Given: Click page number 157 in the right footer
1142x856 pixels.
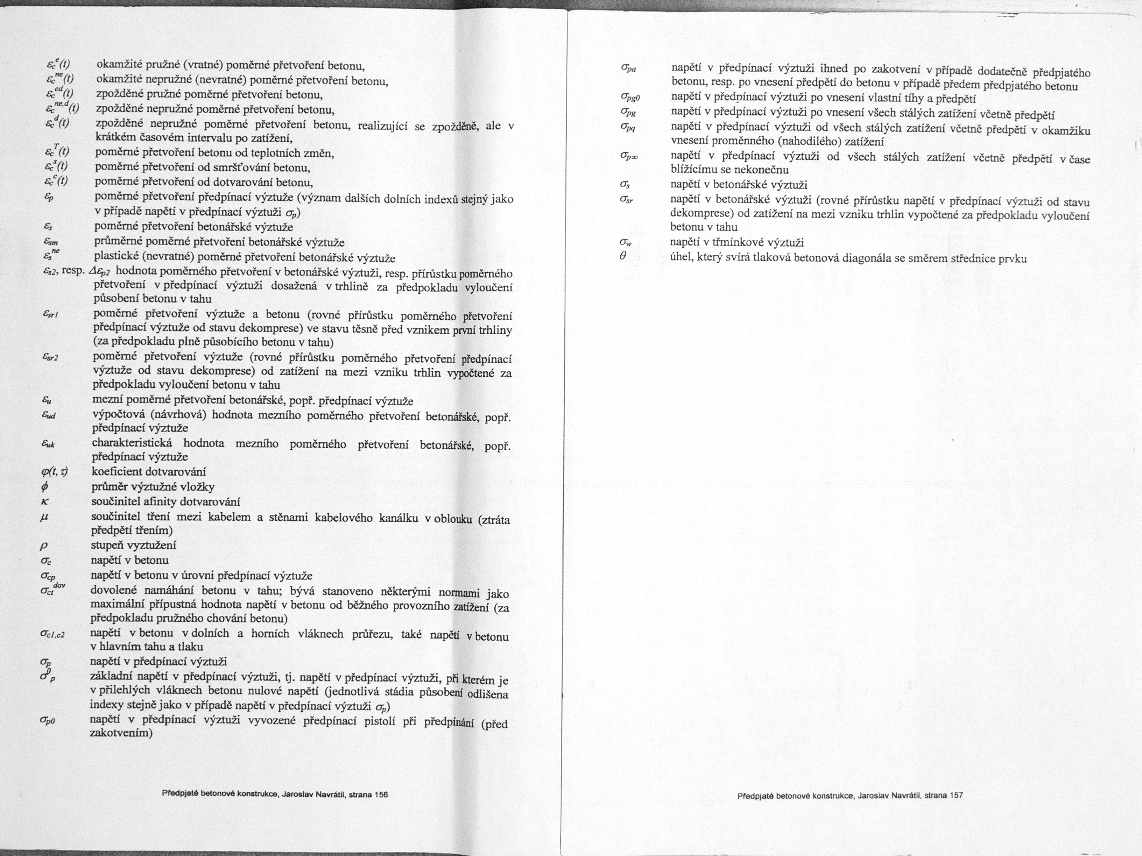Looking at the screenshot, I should tap(956, 795).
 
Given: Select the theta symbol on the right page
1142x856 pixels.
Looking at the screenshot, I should tap(623, 255).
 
